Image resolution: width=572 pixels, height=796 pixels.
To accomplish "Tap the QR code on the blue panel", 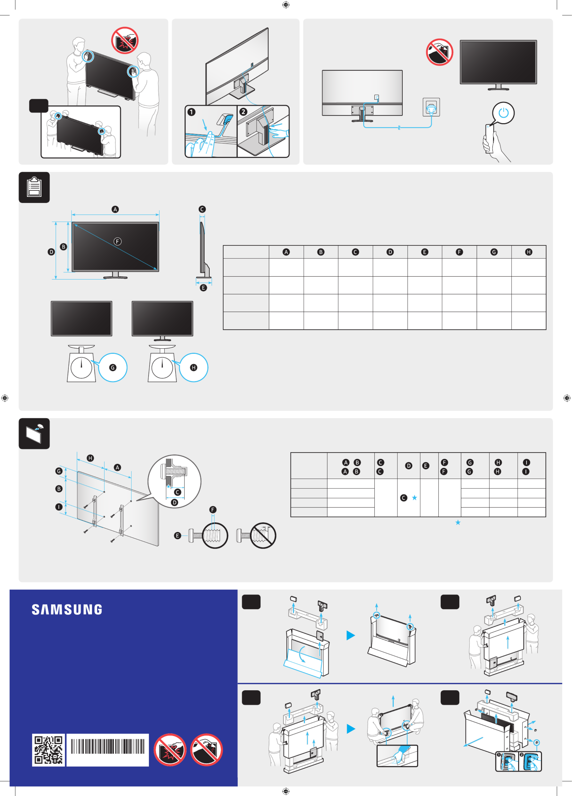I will point(48,750).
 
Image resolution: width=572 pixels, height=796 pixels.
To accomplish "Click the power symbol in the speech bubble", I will point(503,113).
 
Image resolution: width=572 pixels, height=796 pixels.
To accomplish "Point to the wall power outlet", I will point(431,107).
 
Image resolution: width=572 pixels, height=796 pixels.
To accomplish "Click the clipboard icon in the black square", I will point(34,187).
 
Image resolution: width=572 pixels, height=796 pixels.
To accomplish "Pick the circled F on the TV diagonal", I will point(117,241).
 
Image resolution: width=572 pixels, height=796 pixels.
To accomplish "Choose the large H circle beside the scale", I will point(193,367).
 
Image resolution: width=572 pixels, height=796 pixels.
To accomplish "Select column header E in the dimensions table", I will point(425,252).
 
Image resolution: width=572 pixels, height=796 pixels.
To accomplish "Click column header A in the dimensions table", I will point(286,252).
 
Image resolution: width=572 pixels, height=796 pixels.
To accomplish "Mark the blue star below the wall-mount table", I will point(458,523).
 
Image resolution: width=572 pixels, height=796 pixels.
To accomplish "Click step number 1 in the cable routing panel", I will point(191,112).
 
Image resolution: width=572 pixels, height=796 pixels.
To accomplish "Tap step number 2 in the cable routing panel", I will point(243,112).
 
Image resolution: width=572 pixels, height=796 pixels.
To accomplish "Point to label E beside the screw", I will point(177,536).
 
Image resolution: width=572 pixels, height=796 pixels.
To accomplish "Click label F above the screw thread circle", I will point(213,509).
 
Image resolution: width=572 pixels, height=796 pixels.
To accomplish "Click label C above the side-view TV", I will point(202,209).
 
